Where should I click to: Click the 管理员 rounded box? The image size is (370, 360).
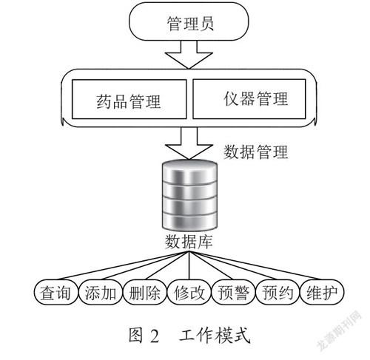189,21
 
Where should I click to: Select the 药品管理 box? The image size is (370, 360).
129,99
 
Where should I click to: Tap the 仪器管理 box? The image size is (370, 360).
249,99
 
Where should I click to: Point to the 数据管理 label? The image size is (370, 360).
256,152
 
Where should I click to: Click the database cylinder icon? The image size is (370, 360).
189,194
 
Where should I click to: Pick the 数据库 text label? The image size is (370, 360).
189,242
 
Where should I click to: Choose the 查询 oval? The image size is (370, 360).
55,292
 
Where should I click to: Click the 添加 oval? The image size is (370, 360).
101,292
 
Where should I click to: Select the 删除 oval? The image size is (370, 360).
144,292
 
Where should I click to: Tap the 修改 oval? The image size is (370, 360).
189,292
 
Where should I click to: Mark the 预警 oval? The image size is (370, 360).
233,292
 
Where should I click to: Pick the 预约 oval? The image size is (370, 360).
277,292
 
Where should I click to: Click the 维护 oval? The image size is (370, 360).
322,292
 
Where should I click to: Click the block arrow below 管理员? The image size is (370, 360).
189,55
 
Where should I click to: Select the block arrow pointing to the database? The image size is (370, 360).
189,143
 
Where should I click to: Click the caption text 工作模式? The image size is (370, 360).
215,336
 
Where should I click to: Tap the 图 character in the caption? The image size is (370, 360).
135,336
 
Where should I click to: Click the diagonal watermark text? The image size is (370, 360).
340,330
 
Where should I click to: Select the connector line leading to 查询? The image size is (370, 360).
122,265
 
